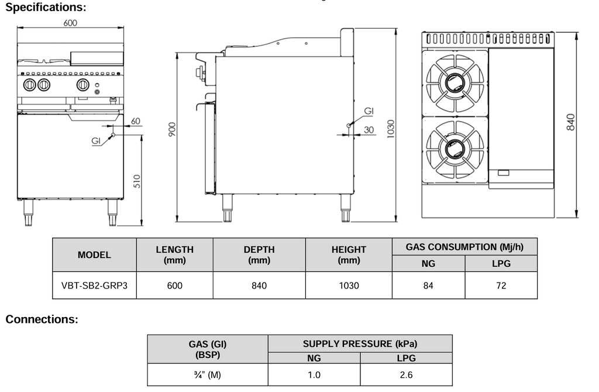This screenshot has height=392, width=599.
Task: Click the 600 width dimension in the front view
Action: [x=70, y=23]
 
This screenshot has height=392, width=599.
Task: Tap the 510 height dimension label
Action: [x=137, y=181]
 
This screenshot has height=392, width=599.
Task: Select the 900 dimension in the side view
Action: [x=172, y=129]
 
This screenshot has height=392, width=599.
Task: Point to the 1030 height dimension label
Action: [x=390, y=129]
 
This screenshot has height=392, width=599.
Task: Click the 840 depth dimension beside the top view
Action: [x=570, y=122]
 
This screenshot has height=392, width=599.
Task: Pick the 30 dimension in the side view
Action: [x=369, y=130]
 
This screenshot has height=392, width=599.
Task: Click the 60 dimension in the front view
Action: [x=136, y=121]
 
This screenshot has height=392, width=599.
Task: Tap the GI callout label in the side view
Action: [x=369, y=111]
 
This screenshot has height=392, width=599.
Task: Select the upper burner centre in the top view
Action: [x=455, y=82]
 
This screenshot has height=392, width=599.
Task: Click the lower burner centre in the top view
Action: [x=455, y=149]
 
